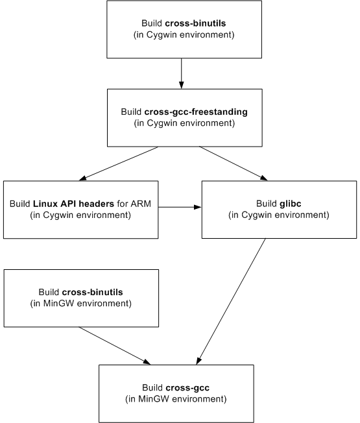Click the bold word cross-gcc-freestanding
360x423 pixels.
coord(196,112)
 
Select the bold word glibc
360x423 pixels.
coord(290,204)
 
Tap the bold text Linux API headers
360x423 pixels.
coord(73,204)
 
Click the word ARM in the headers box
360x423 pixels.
coord(141,204)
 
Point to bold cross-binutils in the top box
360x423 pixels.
coord(195,23)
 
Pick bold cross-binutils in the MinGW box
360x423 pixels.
coord(92,292)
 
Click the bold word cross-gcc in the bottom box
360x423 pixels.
coord(187,388)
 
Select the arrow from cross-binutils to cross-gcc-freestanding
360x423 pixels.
coord(182,73)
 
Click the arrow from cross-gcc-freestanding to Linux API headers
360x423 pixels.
coord(119,163)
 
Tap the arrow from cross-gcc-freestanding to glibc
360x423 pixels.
coord(234,163)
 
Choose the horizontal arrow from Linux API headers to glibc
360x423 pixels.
coord(180,207)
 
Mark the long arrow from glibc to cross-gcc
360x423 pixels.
coord(231,301)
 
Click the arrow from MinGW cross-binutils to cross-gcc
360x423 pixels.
coord(114,346)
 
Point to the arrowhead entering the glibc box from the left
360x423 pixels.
coord(198,207)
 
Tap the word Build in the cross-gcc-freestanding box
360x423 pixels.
coord(131,112)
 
